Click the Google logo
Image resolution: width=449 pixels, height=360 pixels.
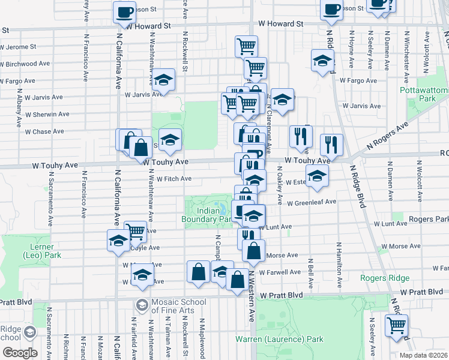click(20, 353)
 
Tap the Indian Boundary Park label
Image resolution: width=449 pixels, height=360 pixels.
click(206, 215)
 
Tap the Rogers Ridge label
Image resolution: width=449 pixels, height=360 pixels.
click(384, 278)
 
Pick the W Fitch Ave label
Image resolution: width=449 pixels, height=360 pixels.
click(173, 178)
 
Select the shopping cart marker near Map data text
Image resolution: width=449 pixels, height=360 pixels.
click(396, 325)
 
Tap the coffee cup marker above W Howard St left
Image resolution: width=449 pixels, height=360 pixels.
click(124, 12)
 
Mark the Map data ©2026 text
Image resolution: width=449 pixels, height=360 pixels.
click(424, 355)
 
